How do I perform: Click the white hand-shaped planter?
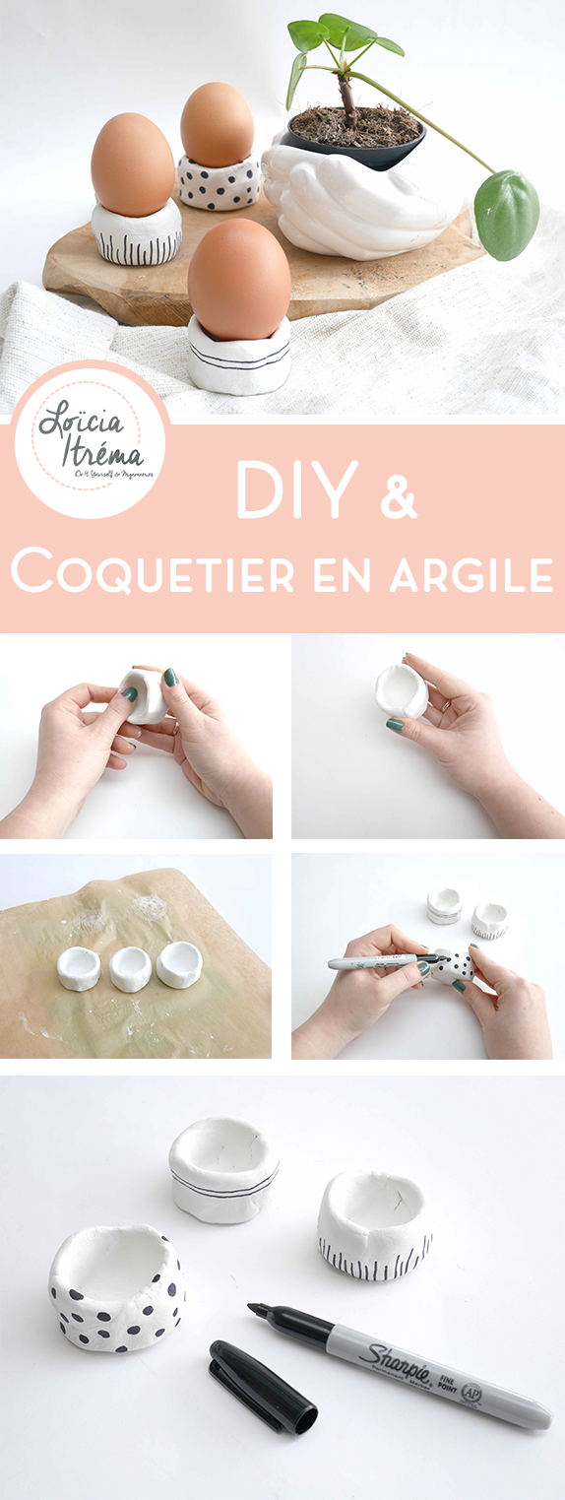tap(354, 202)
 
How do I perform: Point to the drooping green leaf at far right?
tap(506, 214)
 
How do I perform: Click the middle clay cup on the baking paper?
tap(131, 969)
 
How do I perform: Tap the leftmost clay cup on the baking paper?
tap(80, 967)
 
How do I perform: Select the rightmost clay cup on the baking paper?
tap(179, 963)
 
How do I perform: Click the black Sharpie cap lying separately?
tap(263, 1386)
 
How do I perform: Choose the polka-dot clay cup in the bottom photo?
tap(117, 1285)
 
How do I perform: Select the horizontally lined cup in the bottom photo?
tap(223, 1169)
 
